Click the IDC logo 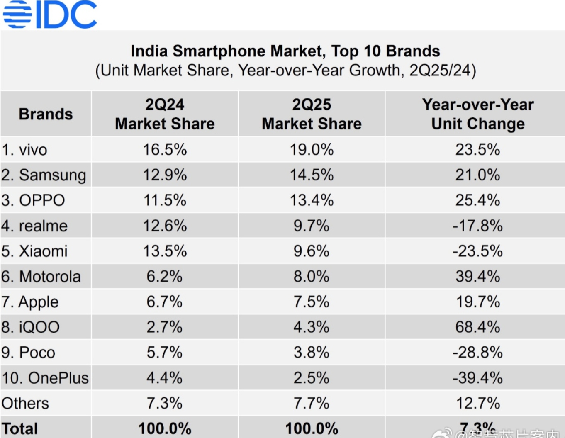50,15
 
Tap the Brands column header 46,114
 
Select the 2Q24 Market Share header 165,114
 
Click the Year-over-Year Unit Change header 477,114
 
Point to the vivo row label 24,150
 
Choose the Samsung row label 44,175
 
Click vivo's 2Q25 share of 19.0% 312,150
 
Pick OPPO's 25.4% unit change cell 477,200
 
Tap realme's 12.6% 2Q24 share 165,226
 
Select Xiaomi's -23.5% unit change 477,251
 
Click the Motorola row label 41,277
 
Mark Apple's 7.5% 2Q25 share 312,302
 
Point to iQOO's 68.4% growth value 477,327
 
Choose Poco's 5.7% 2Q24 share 165,353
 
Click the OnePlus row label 45,378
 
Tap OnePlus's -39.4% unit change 477,378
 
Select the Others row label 25,404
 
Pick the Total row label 20,428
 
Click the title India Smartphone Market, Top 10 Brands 285,51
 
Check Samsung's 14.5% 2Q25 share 312,175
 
